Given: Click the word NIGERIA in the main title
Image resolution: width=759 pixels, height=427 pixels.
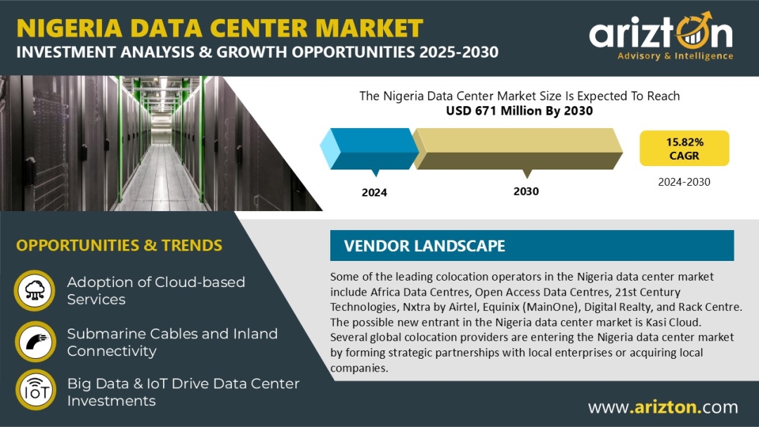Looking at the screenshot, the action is (x=70, y=28).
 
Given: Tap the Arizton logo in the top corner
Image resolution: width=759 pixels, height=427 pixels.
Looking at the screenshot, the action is (x=661, y=36).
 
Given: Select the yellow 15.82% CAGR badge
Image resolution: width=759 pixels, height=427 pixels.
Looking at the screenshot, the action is (x=684, y=148).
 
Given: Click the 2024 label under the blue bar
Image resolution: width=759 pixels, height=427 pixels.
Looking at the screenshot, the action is (x=374, y=193).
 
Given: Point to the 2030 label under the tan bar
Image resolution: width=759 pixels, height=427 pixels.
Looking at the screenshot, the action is (x=526, y=191).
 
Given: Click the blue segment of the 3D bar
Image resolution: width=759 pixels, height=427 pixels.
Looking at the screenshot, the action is (x=370, y=148).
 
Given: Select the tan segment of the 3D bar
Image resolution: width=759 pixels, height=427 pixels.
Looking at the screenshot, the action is (x=517, y=148).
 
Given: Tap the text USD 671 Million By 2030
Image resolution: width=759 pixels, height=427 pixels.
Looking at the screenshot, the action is (x=519, y=111).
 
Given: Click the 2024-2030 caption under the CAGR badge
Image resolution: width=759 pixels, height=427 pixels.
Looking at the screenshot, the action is (x=684, y=181).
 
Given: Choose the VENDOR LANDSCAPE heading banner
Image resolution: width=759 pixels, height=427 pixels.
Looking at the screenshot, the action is (x=532, y=246).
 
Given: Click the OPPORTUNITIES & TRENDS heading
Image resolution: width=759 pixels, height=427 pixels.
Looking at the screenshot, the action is (x=119, y=246).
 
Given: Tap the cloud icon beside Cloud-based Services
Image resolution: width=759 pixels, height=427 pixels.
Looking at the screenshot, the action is (x=35, y=291).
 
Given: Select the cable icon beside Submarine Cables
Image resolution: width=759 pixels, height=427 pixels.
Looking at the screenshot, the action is (x=35, y=341).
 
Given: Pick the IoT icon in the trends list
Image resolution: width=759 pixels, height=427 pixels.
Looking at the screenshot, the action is (x=35, y=390).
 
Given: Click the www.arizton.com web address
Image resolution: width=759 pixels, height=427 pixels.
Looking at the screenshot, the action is (x=663, y=407).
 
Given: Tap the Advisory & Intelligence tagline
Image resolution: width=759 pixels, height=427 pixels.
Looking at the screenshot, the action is (x=675, y=56).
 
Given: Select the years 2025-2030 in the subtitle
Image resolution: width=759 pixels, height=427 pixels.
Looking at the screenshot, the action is (x=459, y=52).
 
